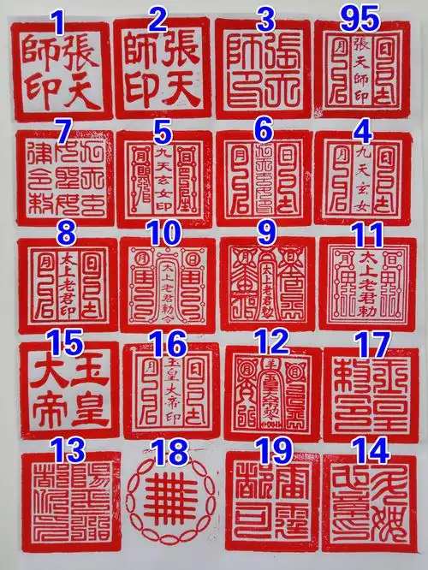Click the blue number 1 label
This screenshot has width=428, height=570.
tap(58, 20)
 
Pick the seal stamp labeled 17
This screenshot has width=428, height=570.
tap(371, 394)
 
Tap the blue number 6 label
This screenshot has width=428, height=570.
tap(262, 130)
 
